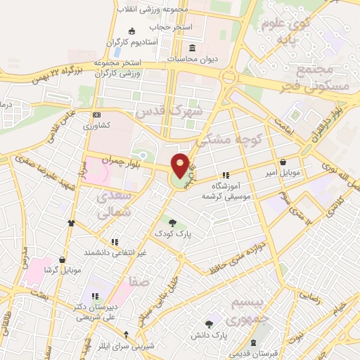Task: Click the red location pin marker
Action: (181, 165)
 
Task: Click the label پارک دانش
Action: (210, 335)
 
